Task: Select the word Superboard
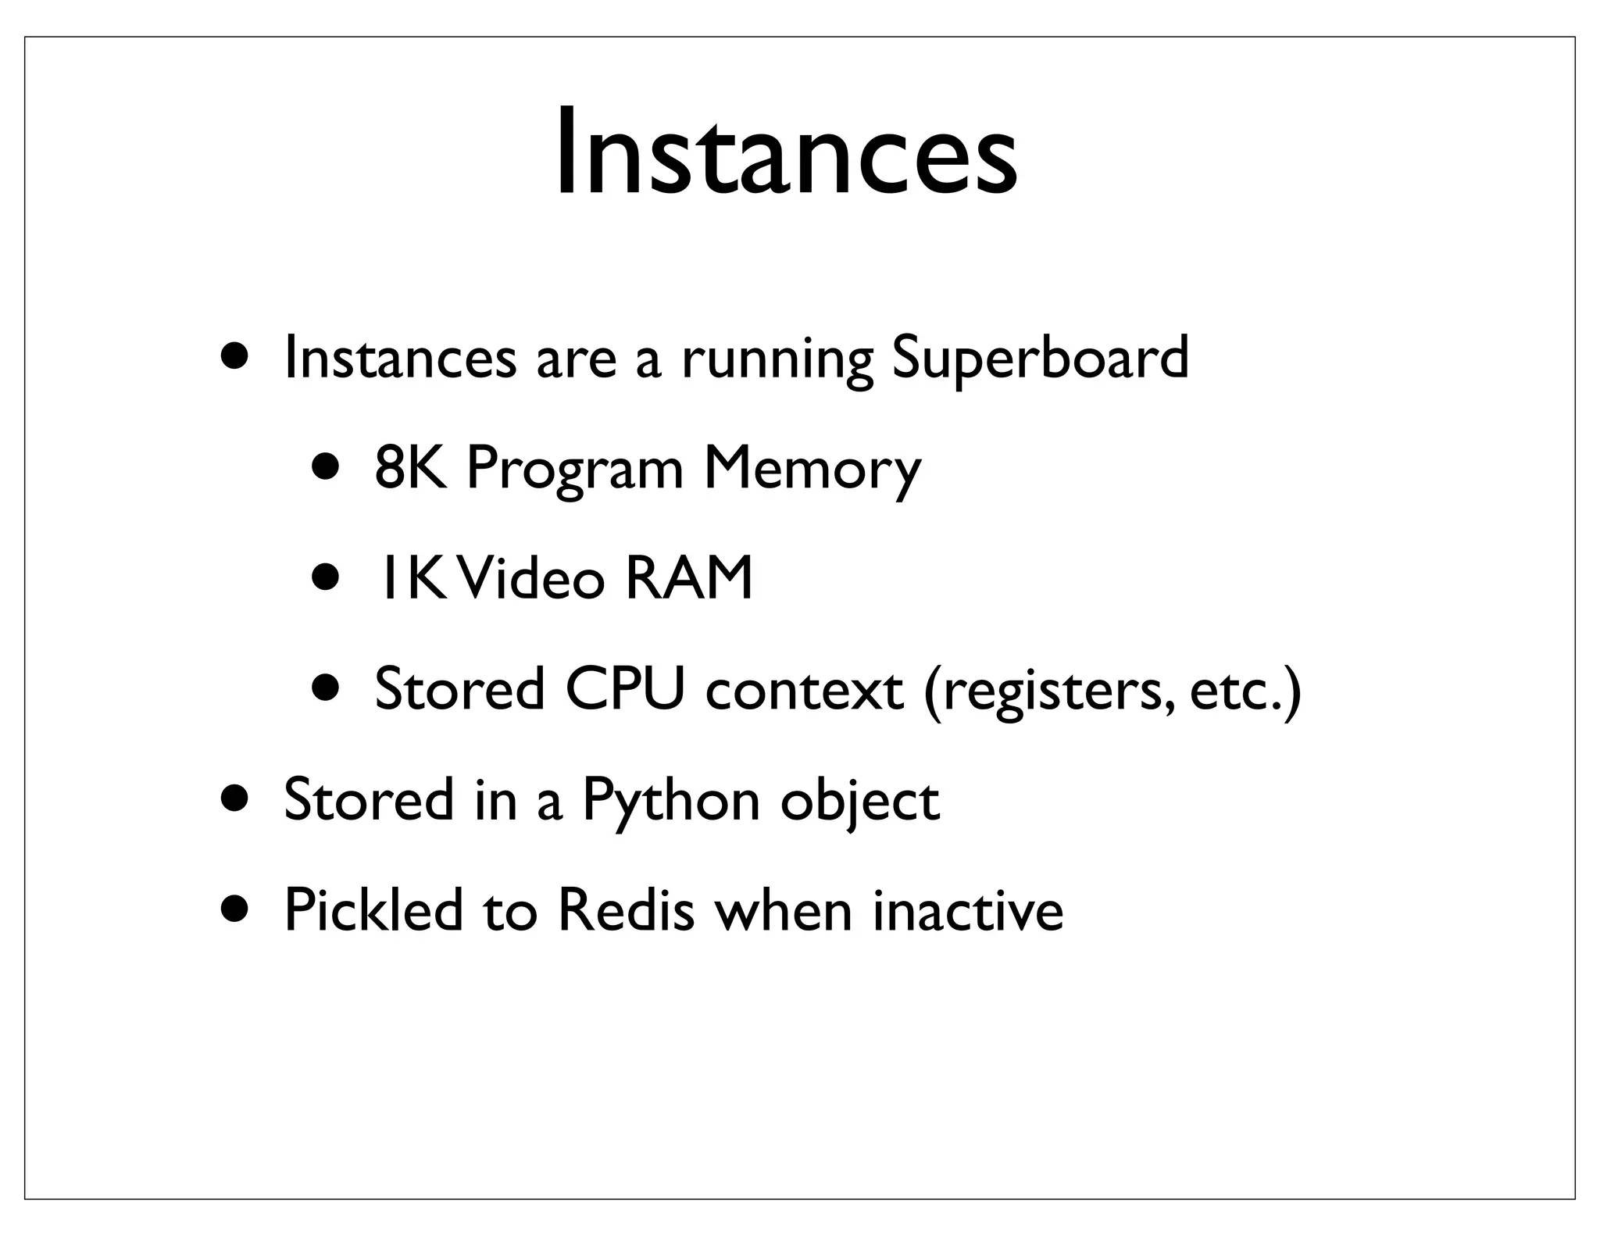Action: [x=1039, y=359]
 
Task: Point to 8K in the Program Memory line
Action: [x=411, y=469]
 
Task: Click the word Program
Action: [x=574, y=471]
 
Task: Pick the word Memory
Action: [x=812, y=471]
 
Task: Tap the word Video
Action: [x=534, y=579]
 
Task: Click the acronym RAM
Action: [x=688, y=579]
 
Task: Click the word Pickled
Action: [x=373, y=910]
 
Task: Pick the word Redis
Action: [x=626, y=910]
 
